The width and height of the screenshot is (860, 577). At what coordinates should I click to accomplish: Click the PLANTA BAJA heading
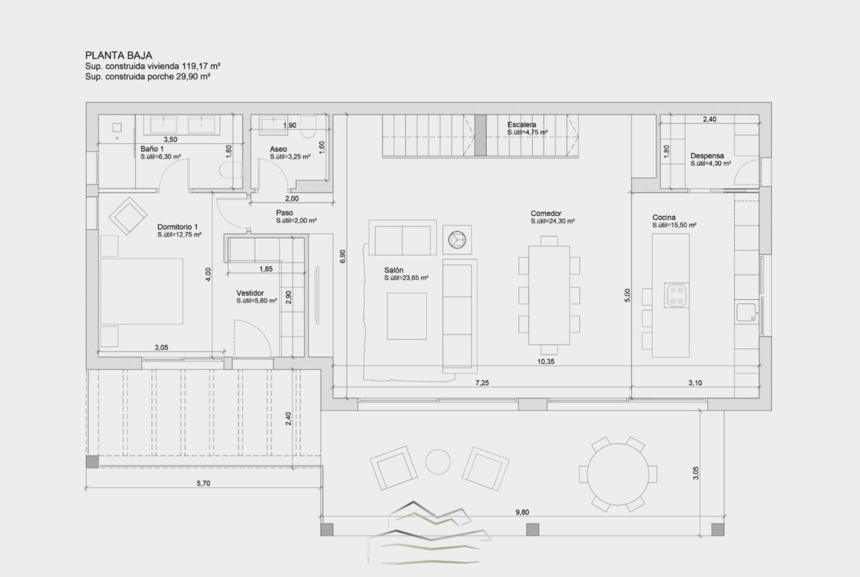pos(118,55)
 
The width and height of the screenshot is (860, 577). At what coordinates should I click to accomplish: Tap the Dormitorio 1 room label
pos(177,226)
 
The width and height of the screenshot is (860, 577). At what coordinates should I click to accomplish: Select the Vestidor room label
pos(250,293)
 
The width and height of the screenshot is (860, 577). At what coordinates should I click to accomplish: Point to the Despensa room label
pos(707,156)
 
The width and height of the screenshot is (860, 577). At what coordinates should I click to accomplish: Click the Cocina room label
pos(664,217)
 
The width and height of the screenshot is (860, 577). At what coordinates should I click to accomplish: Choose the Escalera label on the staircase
pos(522,124)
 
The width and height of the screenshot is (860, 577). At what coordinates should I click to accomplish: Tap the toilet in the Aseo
pos(308,126)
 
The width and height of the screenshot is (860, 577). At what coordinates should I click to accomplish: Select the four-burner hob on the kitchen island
pos(677,295)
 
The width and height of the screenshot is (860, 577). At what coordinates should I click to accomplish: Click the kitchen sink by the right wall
pos(747,312)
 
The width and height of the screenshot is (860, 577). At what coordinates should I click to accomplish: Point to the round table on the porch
pos(618,474)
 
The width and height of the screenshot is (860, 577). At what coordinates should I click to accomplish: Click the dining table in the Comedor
pos(549,295)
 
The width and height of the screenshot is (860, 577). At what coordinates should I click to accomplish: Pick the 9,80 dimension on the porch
pos(522,512)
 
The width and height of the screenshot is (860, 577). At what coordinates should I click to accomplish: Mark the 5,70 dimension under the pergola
pos(203,483)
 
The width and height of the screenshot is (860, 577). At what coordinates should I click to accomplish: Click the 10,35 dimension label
pos(545,362)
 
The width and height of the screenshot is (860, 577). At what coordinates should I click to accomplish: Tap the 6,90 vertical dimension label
pos(343,257)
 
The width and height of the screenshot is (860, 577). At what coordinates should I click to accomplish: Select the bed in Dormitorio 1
pos(142,292)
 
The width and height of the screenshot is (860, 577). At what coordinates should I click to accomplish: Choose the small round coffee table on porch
pos(438,462)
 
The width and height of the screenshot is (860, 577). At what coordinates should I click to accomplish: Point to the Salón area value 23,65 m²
pos(406,278)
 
